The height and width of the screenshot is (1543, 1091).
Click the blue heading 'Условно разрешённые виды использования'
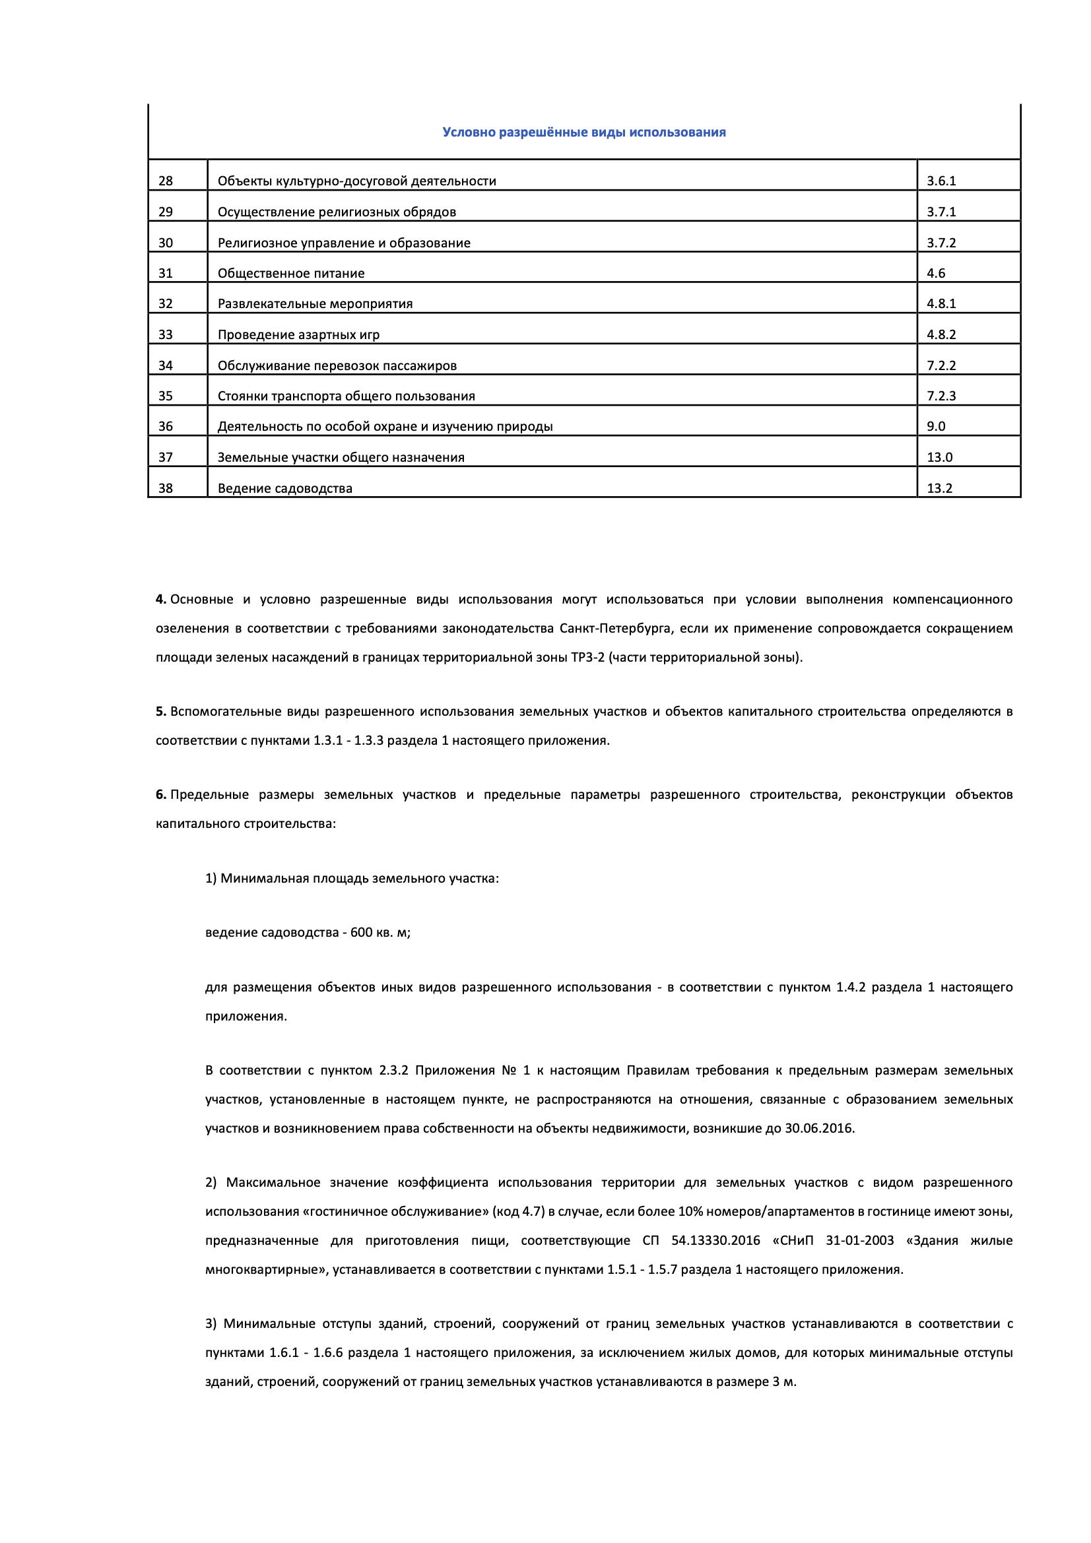pos(583,133)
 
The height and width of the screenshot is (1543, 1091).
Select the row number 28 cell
pos(166,181)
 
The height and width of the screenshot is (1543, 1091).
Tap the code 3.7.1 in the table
pos(941,212)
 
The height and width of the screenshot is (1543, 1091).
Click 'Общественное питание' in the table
pos(291,273)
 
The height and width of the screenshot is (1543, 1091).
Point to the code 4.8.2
pos(941,334)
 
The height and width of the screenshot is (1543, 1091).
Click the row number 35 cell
pos(166,396)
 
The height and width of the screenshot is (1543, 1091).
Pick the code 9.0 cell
pos(936,426)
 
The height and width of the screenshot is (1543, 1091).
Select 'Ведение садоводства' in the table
pos(285,489)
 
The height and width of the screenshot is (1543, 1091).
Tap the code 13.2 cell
pos(940,489)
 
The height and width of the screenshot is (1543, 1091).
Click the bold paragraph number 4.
pos(160,599)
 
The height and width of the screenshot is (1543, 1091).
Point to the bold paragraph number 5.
pos(160,711)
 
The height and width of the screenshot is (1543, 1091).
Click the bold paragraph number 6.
pos(160,795)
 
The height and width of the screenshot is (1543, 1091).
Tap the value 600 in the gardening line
pos(361,933)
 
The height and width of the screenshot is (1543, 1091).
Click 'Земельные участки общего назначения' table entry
pos(341,458)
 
